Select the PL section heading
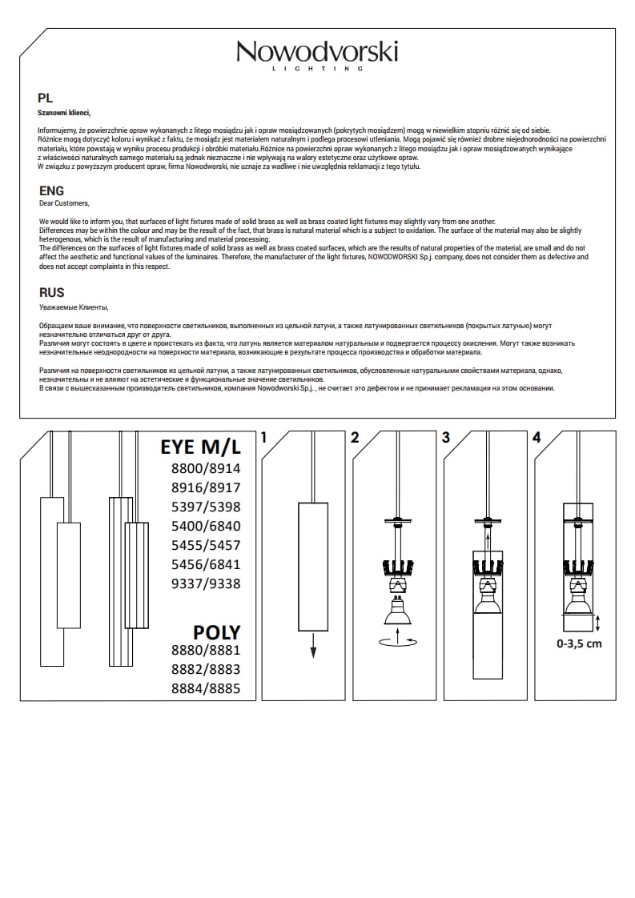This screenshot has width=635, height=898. (x=46, y=98)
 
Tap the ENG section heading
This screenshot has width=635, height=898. (x=51, y=191)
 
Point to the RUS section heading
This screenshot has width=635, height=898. (x=51, y=293)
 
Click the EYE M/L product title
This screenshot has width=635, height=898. (x=200, y=447)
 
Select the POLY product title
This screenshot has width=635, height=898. (x=216, y=632)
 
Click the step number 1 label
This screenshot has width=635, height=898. (x=263, y=438)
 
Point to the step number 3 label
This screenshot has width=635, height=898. (x=446, y=438)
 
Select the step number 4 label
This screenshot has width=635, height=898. (x=537, y=438)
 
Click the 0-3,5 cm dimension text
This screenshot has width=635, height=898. (x=579, y=643)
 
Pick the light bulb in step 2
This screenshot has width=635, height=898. (x=397, y=612)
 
